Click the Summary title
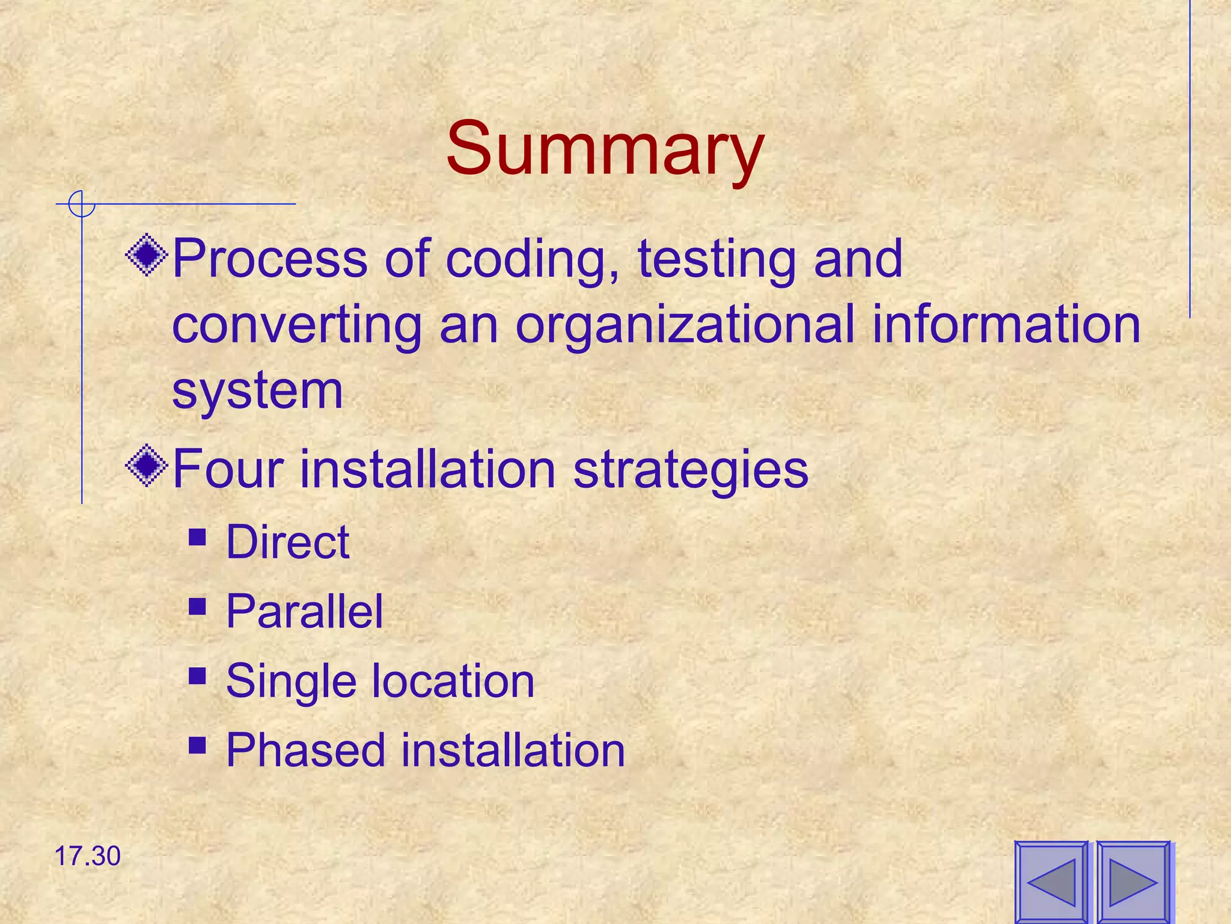[x=605, y=149]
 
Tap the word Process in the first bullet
[x=269, y=259]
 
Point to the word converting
[x=297, y=325]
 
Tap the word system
[x=257, y=391]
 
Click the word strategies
[x=691, y=470]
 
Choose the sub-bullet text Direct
[x=287, y=542]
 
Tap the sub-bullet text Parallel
[x=304, y=611]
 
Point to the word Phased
[x=305, y=750]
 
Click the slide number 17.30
[x=88, y=856]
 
